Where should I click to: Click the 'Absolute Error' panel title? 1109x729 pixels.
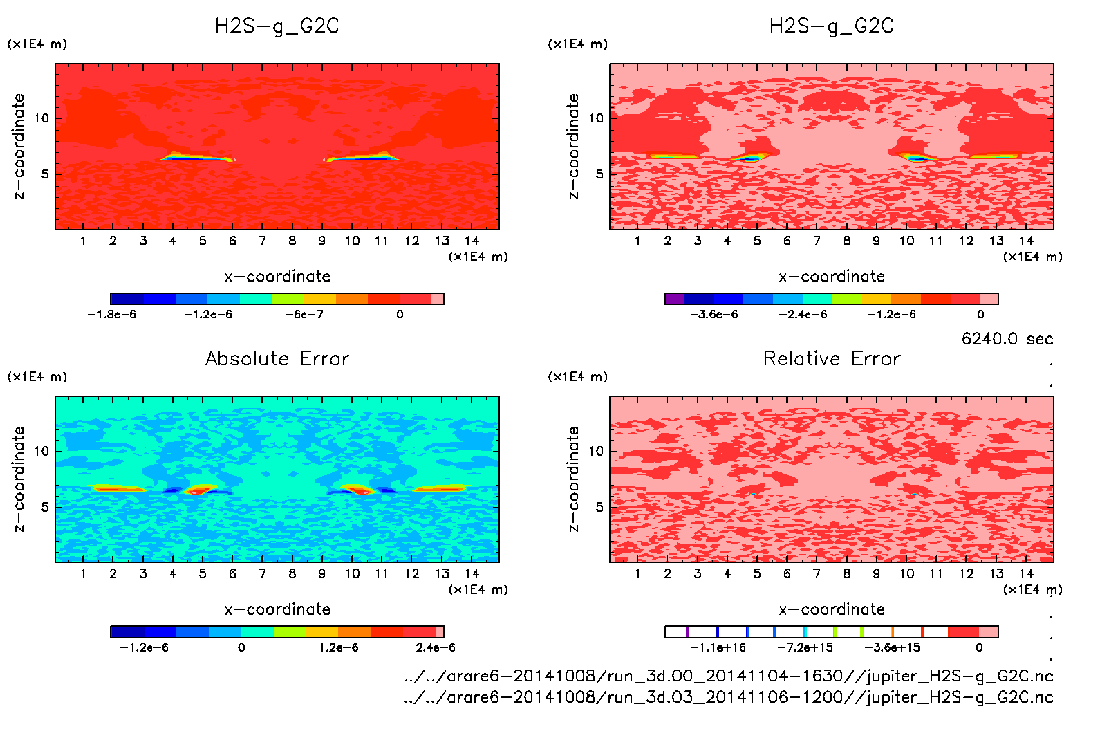pyautogui.click(x=277, y=358)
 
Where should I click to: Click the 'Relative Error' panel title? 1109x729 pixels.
pyautogui.click(x=832, y=358)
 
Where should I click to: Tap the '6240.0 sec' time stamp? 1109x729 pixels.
pyautogui.click(x=1007, y=339)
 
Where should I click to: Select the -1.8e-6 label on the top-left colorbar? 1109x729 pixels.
pyautogui.click(x=112, y=315)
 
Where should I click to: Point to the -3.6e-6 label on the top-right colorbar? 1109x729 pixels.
pyautogui.click(x=714, y=315)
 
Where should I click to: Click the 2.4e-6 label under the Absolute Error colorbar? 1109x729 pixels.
pyautogui.click(x=436, y=647)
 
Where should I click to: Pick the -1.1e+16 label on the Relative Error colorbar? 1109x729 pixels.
pyautogui.click(x=718, y=647)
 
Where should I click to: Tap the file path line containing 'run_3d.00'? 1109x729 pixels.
pyautogui.click(x=728, y=676)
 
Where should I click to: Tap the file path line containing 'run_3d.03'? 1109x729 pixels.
pyautogui.click(x=728, y=697)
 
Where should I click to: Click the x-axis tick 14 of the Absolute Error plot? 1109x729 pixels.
pyautogui.click(x=472, y=573)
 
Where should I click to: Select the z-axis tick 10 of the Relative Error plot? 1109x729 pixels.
pyautogui.click(x=596, y=452)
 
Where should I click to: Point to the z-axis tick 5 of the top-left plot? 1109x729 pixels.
pyautogui.click(x=45, y=174)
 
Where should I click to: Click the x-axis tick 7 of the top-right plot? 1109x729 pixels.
pyautogui.click(x=817, y=241)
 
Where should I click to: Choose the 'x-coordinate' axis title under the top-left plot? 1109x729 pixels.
pyautogui.click(x=277, y=277)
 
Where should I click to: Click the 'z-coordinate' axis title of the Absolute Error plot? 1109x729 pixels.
pyautogui.click(x=19, y=479)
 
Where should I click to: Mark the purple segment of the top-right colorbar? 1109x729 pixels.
pyautogui.click(x=675, y=299)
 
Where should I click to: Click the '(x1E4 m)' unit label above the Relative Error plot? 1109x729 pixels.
pyautogui.click(x=577, y=377)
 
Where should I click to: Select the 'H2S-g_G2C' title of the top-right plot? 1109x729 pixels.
pyautogui.click(x=832, y=26)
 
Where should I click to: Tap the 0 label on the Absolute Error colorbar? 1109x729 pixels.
pyautogui.click(x=241, y=647)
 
